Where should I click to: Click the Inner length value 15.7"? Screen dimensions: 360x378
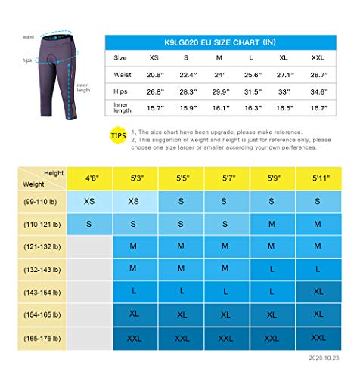point(155,108)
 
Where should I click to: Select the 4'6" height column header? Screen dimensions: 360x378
point(89,179)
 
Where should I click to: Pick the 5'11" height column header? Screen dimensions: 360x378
point(318,179)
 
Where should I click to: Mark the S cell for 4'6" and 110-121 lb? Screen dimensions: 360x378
point(89,225)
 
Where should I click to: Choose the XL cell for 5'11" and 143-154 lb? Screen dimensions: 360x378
point(318,291)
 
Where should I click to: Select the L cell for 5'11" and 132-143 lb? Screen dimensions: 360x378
point(318,268)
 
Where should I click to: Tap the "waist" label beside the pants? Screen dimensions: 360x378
point(29,36)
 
